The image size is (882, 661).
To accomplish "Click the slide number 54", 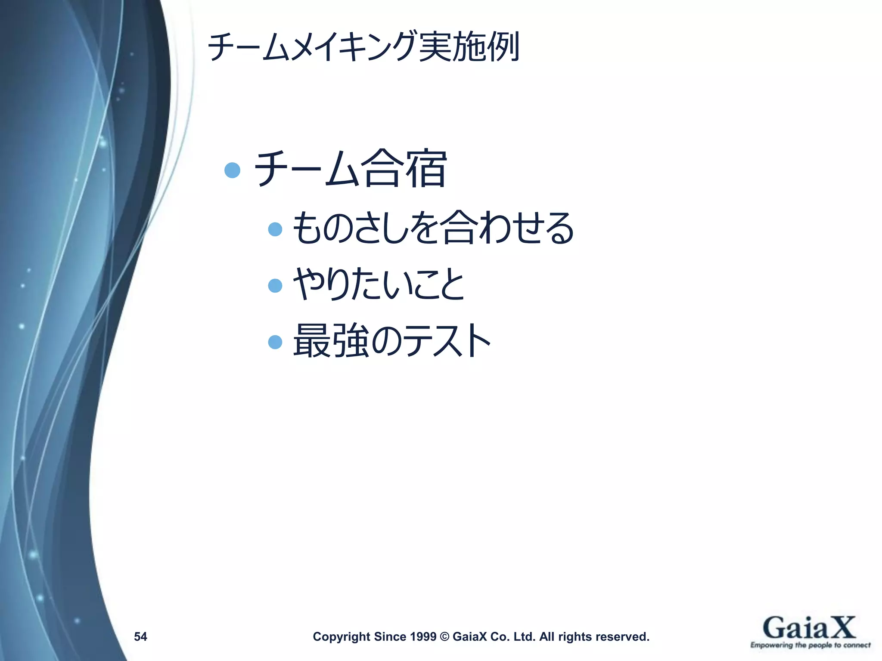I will click(x=140, y=636).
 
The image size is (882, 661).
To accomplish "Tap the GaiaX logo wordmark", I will click(x=809, y=628).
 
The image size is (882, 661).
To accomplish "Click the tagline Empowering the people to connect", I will click(x=810, y=645).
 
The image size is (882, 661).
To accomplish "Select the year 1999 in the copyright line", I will click(x=423, y=636).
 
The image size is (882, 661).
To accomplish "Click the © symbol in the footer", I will click(x=444, y=636).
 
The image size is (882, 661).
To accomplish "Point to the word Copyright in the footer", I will click(x=341, y=636).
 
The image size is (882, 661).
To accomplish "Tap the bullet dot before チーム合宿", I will click(x=232, y=170).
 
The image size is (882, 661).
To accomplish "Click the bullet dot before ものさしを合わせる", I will click(x=275, y=229).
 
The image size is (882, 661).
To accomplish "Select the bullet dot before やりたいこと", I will click(x=275, y=285).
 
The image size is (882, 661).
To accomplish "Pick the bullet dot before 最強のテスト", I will click(x=275, y=342).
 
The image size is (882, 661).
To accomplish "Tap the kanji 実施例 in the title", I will click(x=469, y=46).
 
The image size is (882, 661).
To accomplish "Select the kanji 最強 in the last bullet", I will click(x=331, y=341).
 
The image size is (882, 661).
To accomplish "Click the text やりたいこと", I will click(x=379, y=284).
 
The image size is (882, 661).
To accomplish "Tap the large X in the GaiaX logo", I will click(x=840, y=627).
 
